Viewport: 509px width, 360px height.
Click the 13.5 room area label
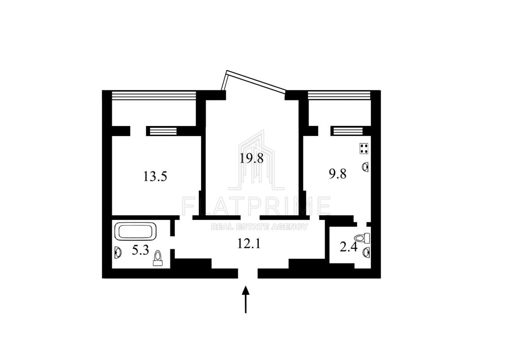155,176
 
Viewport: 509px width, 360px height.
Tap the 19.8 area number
252,158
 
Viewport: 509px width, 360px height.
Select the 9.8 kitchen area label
338,174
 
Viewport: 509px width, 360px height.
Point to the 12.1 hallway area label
249,243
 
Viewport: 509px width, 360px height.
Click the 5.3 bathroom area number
140,250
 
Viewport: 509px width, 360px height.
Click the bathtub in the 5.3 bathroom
136,232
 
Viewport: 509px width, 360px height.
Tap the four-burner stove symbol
364,149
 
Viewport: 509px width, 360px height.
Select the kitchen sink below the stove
365,167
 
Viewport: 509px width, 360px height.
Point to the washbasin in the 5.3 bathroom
118,252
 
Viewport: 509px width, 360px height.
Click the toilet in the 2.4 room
362,238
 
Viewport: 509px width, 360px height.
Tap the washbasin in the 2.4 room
366,252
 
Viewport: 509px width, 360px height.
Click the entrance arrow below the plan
246,299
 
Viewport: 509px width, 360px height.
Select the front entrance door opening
248,273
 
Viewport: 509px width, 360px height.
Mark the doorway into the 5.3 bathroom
173,243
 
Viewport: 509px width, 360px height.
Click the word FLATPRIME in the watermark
256,206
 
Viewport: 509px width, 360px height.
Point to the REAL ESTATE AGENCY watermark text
259,227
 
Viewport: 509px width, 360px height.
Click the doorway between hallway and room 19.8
250,218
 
